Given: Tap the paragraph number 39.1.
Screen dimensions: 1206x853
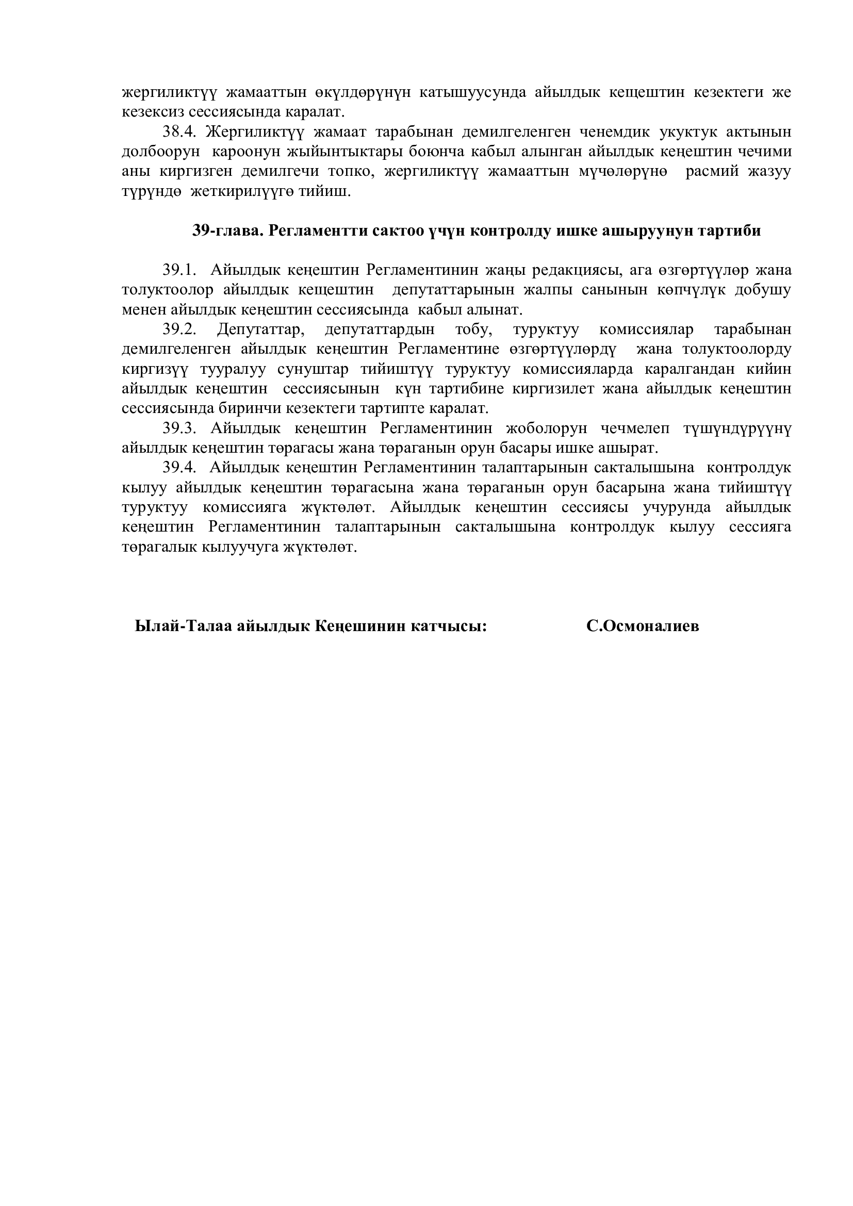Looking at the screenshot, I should (x=179, y=271).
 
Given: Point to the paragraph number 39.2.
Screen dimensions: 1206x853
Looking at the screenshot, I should (x=179, y=330).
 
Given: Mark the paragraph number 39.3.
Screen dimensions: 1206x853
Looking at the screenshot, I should (x=179, y=428).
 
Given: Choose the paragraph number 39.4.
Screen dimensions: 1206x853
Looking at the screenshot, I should (x=179, y=468).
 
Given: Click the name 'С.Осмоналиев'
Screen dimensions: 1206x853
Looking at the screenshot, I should (x=643, y=626).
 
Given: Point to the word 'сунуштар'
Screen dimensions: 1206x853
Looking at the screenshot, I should (x=313, y=369).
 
